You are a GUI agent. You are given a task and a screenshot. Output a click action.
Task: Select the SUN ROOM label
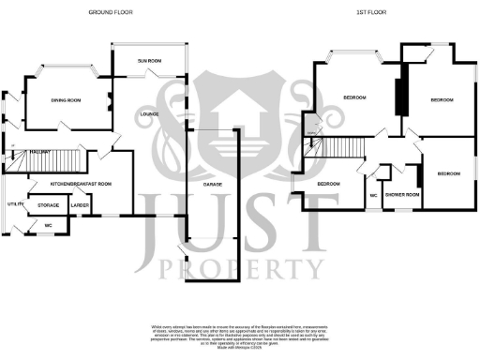[x=149, y=61]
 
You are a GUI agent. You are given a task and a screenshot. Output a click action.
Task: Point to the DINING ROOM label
[x=66, y=100]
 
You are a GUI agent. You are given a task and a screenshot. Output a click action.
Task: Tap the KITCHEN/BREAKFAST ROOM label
[x=82, y=184]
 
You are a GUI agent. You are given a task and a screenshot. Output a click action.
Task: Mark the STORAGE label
[x=48, y=203]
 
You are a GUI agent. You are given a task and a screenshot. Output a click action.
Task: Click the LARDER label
[x=80, y=203]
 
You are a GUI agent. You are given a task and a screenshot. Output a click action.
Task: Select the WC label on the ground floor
[x=48, y=226]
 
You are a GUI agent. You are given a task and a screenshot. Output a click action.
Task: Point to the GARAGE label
[x=213, y=185]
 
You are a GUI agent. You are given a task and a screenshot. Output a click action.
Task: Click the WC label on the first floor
[x=373, y=195]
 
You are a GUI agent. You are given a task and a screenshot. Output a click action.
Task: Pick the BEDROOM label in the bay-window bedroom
[x=354, y=97]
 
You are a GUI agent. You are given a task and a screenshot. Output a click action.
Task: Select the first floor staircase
[x=341, y=148]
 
